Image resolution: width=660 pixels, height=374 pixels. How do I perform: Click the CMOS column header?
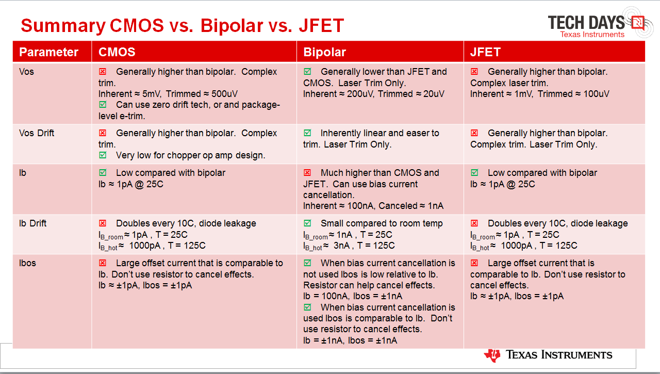(x=117, y=52)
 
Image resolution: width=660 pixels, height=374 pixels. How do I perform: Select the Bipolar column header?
(x=324, y=52)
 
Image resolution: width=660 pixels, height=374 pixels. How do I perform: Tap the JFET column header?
(x=485, y=52)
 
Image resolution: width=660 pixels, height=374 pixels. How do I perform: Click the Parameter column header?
(x=48, y=52)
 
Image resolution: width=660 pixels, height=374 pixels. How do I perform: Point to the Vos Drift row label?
(x=37, y=133)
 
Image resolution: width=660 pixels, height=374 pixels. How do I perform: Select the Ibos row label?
(x=27, y=263)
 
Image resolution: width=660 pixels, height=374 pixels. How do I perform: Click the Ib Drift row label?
(x=32, y=223)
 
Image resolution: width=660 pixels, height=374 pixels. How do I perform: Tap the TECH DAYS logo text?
(x=586, y=23)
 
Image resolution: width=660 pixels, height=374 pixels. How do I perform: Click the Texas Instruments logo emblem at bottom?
(x=492, y=355)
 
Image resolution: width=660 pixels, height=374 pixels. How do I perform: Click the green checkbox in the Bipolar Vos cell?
(x=307, y=71)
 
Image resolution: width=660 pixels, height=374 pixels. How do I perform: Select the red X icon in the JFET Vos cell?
(x=474, y=71)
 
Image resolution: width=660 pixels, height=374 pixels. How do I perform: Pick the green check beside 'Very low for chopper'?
(x=103, y=155)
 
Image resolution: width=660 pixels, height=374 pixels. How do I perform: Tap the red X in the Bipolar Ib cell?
(x=307, y=172)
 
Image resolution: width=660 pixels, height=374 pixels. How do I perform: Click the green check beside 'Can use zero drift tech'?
(x=103, y=104)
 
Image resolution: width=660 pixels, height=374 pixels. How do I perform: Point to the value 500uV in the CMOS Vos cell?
(x=224, y=94)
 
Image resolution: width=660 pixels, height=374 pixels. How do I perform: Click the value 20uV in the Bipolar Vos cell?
(x=434, y=94)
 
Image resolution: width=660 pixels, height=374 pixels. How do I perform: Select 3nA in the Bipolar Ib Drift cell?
(x=341, y=246)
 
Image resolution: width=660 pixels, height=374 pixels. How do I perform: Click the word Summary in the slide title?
(x=63, y=26)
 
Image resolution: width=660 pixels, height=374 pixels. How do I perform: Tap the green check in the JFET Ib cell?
(x=474, y=172)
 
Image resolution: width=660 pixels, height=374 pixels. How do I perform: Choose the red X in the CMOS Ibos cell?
(x=103, y=263)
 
